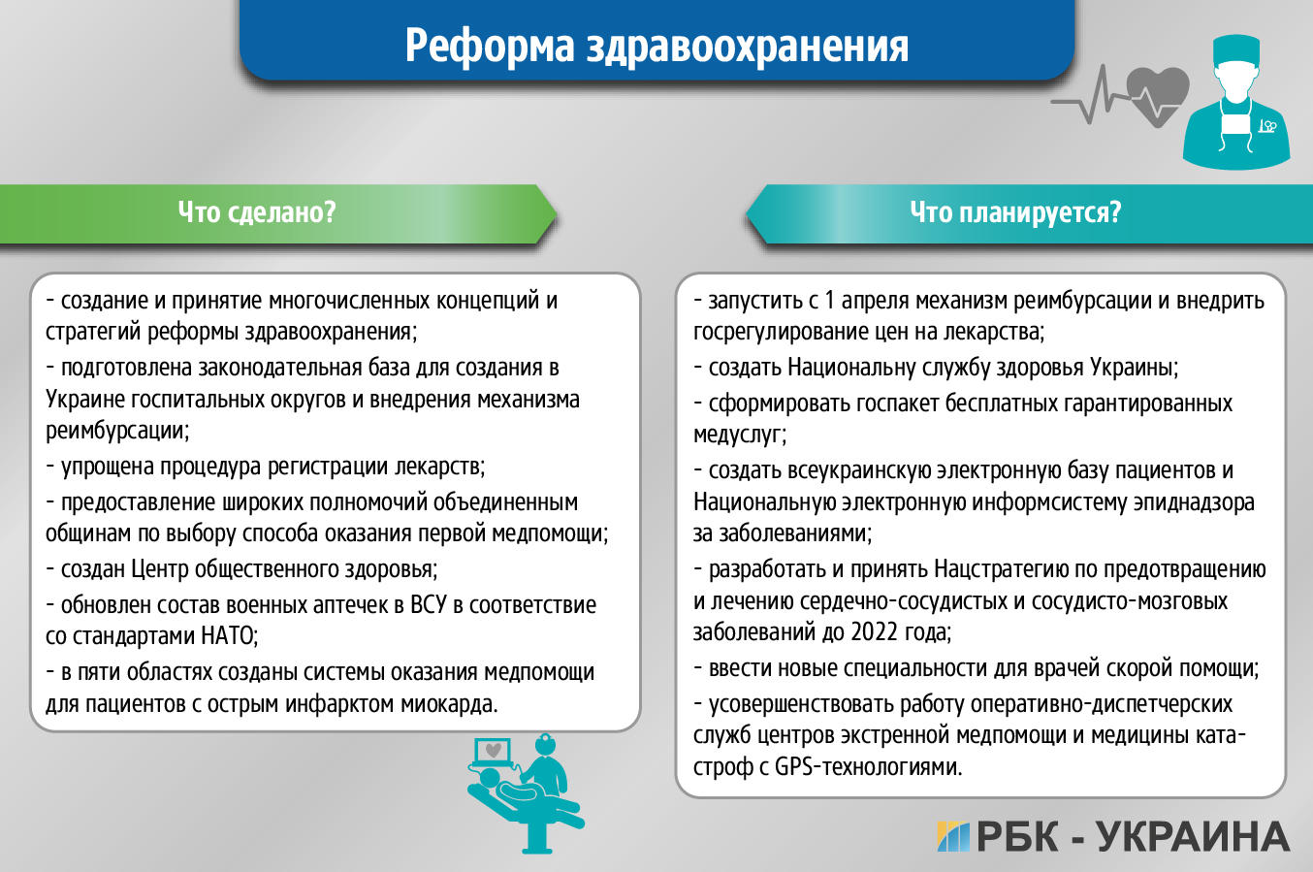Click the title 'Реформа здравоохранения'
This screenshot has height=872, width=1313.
pyautogui.click(x=656, y=46)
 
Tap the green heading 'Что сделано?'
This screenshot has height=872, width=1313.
pyautogui.click(x=257, y=212)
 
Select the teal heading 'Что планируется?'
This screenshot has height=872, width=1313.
pyautogui.click(x=1014, y=212)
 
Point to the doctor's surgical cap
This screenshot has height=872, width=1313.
pyautogui.click(x=1236, y=48)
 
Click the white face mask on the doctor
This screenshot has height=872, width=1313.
pyautogui.click(x=1234, y=124)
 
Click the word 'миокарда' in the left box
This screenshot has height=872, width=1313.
pyautogui.click(x=453, y=703)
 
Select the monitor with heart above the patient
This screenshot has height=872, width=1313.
pyautogui.click(x=494, y=752)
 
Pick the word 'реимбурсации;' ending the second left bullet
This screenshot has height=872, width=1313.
pyautogui.click(x=117, y=430)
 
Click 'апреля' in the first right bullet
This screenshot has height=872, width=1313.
pyautogui.click(x=877, y=301)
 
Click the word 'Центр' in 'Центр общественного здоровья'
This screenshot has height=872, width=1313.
pyautogui.click(x=160, y=569)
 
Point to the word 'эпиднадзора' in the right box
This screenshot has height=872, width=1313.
pyautogui.click(x=1194, y=502)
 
